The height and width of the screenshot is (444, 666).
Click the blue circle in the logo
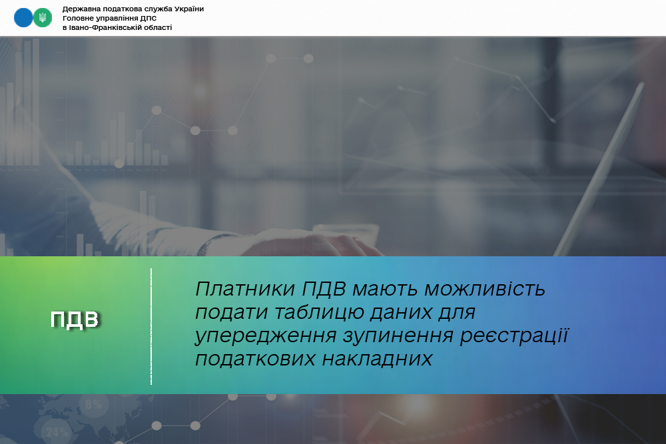coord(23,18)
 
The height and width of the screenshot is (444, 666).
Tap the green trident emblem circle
coord(43,18)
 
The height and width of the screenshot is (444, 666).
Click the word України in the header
coord(187,9)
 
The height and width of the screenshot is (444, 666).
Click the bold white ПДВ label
coord(75,320)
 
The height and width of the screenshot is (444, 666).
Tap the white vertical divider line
coord(151,326)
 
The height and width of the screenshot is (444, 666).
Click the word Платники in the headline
coord(245,289)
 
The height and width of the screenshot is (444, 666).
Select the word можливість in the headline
coord(485,289)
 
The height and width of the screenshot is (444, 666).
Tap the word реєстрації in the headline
coord(514,335)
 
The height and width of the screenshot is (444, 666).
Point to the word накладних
coord(377,359)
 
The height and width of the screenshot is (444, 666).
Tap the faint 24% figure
coord(57,432)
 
